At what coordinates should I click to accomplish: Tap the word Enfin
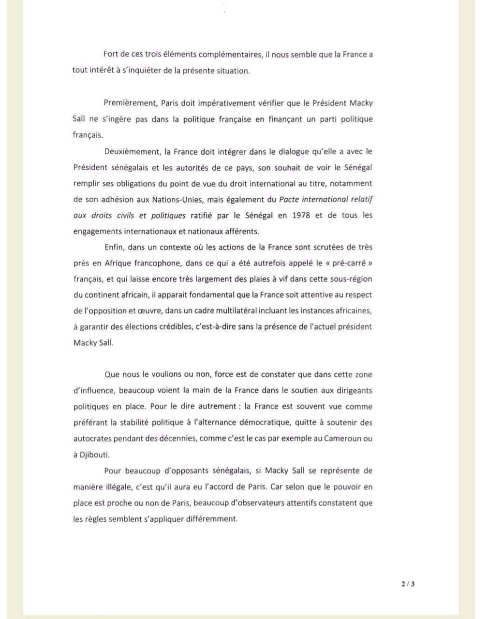(x=114, y=247)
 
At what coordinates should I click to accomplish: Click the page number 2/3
(x=408, y=584)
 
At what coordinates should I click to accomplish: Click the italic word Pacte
(x=289, y=199)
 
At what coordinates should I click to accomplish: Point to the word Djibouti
(x=95, y=455)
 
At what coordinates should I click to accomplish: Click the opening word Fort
(x=112, y=55)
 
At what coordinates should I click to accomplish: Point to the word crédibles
(x=173, y=327)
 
